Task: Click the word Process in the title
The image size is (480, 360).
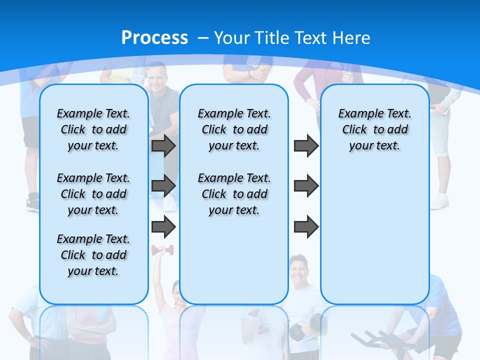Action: click(154, 37)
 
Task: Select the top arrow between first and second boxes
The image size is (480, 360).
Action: click(163, 145)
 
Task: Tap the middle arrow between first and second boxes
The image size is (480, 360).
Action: click(163, 186)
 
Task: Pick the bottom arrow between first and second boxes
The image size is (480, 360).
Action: click(163, 227)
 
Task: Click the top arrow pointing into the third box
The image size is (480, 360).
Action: click(306, 145)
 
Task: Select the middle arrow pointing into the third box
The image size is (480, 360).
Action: click(306, 186)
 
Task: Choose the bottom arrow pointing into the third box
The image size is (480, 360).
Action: click(306, 227)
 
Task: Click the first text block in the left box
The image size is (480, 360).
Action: click(93, 129)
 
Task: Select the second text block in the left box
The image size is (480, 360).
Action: click(93, 194)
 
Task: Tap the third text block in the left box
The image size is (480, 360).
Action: click(93, 255)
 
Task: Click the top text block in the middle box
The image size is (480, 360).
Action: click(234, 129)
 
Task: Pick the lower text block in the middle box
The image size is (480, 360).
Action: click(234, 194)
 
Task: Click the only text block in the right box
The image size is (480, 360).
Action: click(374, 129)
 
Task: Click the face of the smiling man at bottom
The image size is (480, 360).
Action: click(298, 268)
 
